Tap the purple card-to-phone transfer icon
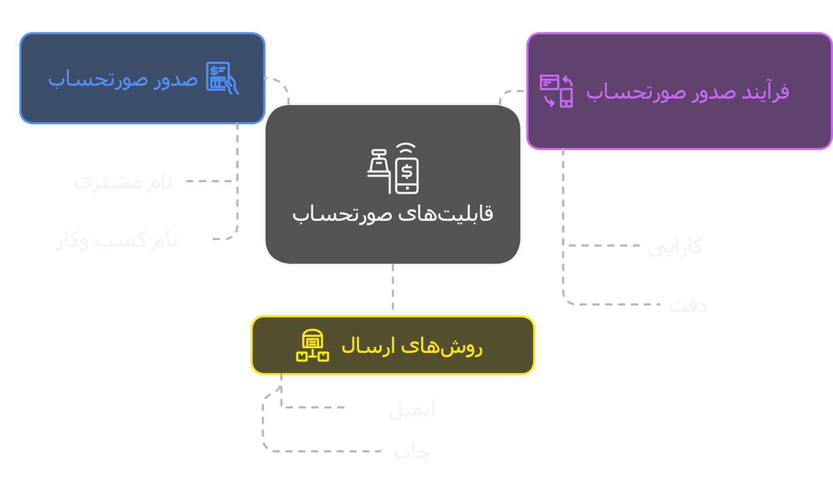point(556,91)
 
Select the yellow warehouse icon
point(313,345)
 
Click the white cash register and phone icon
point(393,169)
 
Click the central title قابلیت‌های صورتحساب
point(393,214)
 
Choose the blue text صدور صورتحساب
point(123,79)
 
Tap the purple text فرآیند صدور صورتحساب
point(687,92)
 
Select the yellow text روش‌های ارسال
point(412,346)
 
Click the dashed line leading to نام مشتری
point(210,181)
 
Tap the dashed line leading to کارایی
point(604,246)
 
